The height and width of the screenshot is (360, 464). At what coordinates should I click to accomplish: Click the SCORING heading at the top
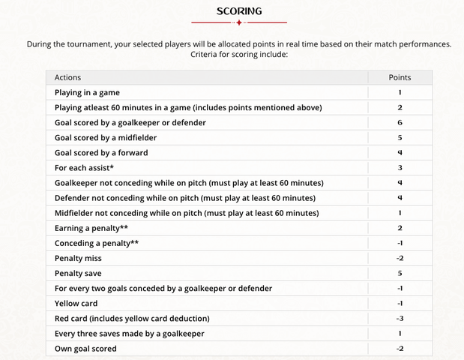(239, 11)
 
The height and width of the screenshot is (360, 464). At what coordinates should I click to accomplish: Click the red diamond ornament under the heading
(239, 22)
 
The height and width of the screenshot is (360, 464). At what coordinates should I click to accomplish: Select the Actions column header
(68, 77)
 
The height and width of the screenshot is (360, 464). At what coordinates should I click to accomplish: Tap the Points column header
(400, 77)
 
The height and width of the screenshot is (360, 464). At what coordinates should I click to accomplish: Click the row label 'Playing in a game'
(87, 92)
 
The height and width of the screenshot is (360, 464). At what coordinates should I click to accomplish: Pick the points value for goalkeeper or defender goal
(400, 122)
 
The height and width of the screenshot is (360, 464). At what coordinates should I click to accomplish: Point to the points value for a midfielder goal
(400, 137)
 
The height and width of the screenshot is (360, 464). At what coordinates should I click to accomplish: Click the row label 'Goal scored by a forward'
(101, 152)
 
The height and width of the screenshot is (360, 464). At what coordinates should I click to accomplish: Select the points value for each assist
(400, 168)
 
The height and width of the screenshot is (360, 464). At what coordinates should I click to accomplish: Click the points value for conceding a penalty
(400, 243)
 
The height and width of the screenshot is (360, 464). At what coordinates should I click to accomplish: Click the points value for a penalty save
(400, 273)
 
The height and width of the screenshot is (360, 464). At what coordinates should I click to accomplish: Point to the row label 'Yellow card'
(76, 304)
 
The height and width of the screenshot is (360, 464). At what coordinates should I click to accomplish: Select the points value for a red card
(400, 319)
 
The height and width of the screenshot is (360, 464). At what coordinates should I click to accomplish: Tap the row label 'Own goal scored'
(85, 349)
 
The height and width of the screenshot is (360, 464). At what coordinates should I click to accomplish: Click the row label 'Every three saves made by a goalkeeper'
(130, 334)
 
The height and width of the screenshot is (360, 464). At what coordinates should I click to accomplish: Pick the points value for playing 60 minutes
(400, 107)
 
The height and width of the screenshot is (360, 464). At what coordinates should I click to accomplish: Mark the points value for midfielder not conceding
(400, 213)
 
